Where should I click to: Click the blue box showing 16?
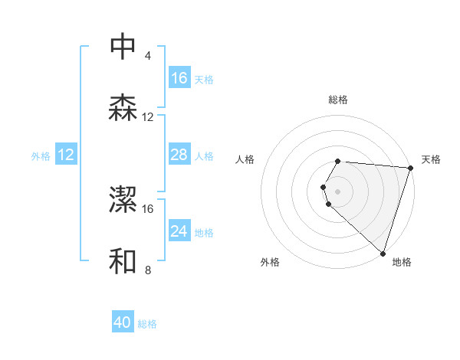[179, 78]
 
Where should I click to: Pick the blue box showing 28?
[179, 155]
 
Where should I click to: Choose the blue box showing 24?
[179, 231]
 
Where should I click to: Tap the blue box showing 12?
[66, 155]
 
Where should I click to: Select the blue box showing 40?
[123, 322]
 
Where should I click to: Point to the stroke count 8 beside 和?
[147, 270]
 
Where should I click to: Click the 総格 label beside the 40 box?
[147, 324]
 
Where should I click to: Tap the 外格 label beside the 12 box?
[41, 156]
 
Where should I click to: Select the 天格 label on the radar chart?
[431, 159]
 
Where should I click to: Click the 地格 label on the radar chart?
[402, 262]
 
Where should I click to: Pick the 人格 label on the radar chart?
[245, 159]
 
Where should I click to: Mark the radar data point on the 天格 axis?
[410, 168]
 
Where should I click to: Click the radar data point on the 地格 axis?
[383, 253]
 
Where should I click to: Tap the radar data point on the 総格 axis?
[338, 162]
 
